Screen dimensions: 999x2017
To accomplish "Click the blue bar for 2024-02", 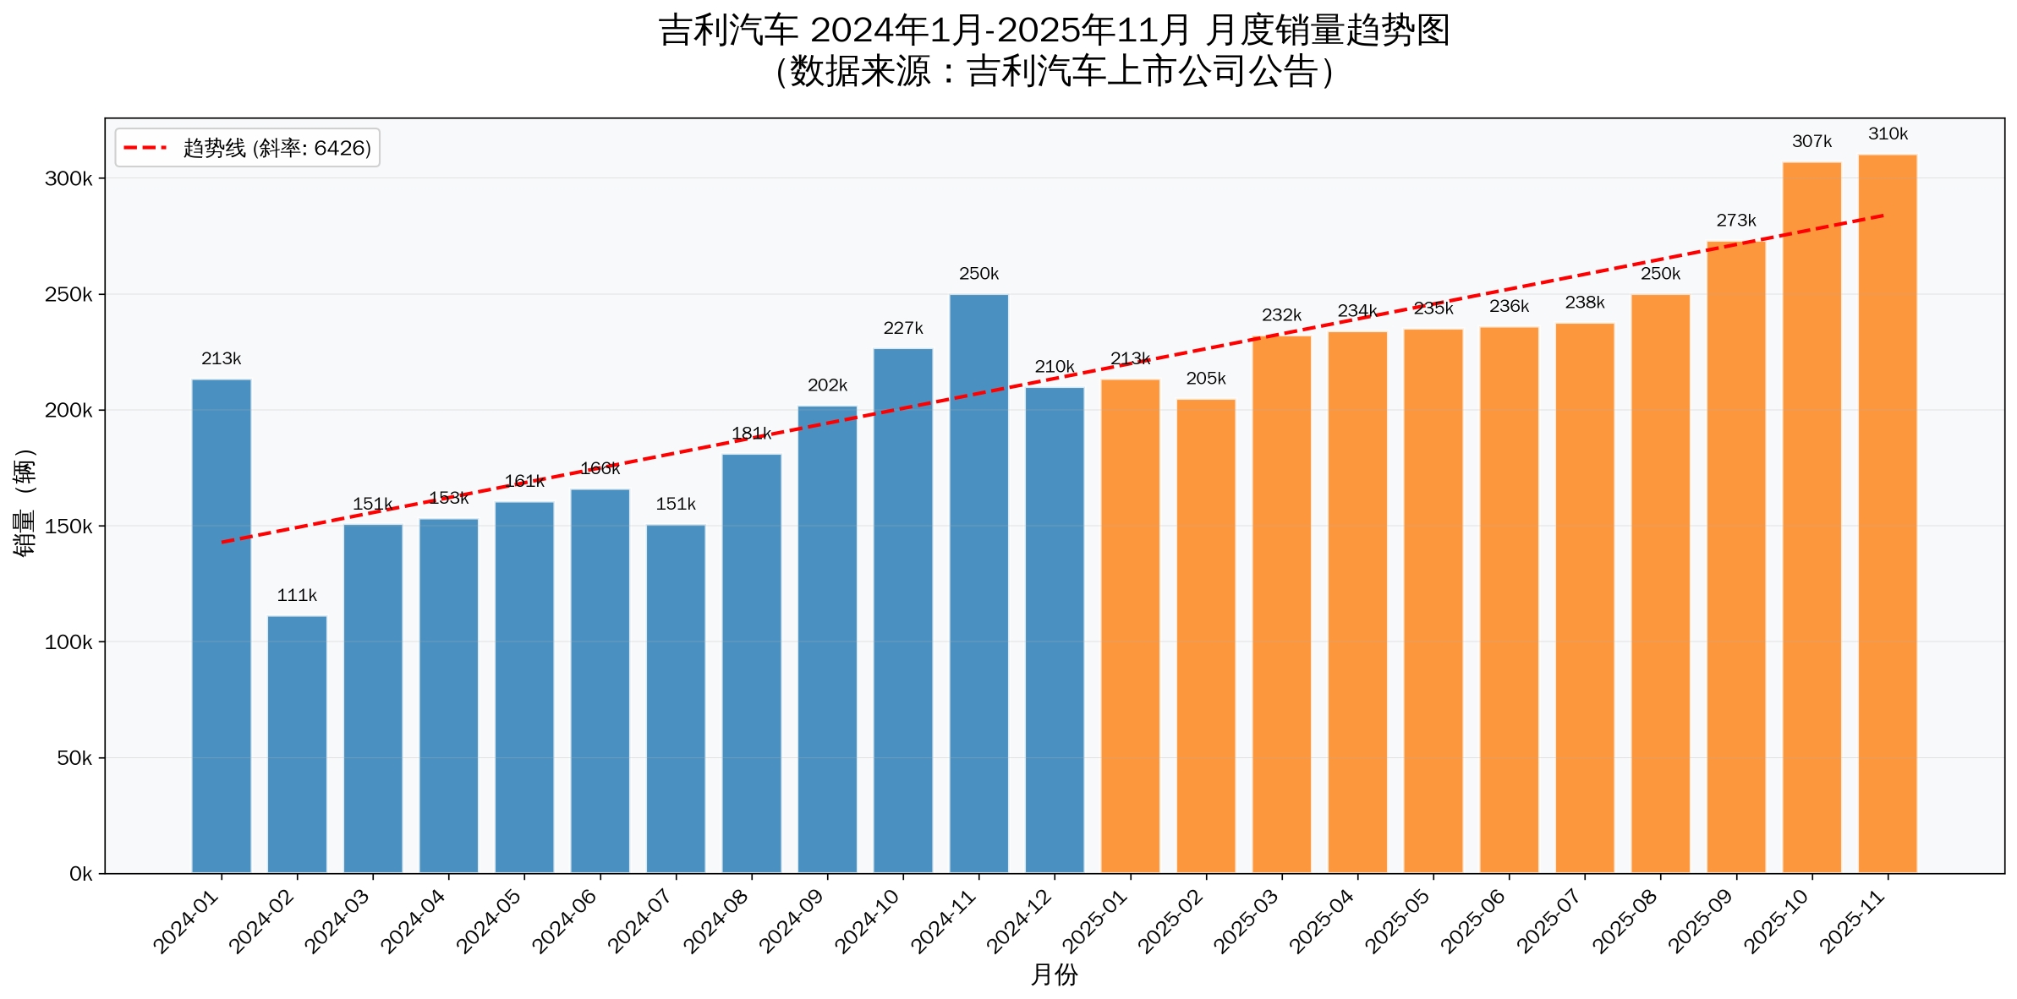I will (x=297, y=744).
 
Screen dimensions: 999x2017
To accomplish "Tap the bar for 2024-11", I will (x=978, y=583).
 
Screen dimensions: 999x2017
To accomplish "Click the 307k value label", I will (x=1811, y=142).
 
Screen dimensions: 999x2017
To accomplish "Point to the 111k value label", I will (x=297, y=596).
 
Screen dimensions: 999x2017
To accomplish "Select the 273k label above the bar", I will (x=1735, y=221).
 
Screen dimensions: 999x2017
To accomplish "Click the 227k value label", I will (x=903, y=328).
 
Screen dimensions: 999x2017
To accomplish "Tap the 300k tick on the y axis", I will (x=69, y=179).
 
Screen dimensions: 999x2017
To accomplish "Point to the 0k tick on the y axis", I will (x=80, y=874).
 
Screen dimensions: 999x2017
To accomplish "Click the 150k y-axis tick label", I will (x=69, y=527).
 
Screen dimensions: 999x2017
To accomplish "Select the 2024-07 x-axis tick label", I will (x=642, y=922).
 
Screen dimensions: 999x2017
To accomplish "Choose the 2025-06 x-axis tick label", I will (x=1475, y=922).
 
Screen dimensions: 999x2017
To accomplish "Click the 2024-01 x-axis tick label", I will (x=187, y=922).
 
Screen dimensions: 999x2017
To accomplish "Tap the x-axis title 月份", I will (x=1054, y=975).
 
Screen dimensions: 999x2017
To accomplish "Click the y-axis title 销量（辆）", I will (x=25, y=503).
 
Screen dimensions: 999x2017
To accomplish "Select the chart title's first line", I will (x=1054, y=30).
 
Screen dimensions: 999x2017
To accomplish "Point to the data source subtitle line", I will (x=1054, y=72).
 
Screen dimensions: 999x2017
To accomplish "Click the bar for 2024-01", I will (x=222, y=625).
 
